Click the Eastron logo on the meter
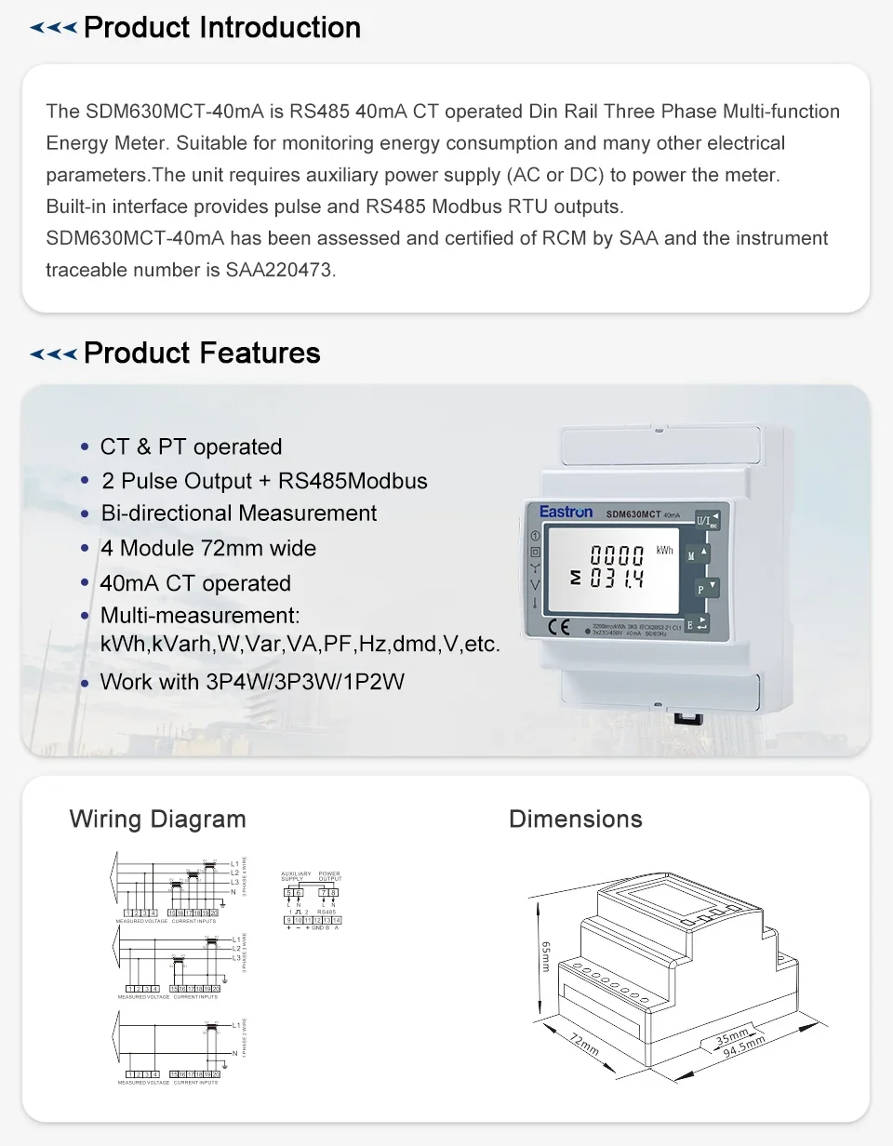pyautogui.click(x=566, y=512)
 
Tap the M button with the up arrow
pyautogui.click(x=698, y=554)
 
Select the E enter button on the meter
pyautogui.click(x=698, y=624)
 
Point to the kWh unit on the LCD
pyautogui.click(x=664, y=551)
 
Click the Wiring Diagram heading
pyautogui.click(x=157, y=820)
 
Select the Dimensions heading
pyautogui.click(x=575, y=820)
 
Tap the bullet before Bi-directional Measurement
pyautogui.click(x=85, y=514)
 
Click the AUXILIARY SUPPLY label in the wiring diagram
pyautogui.click(x=296, y=876)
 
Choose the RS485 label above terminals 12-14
pyautogui.click(x=327, y=913)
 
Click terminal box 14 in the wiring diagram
pyautogui.click(x=337, y=920)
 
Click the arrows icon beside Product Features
pyautogui.click(x=53, y=354)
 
